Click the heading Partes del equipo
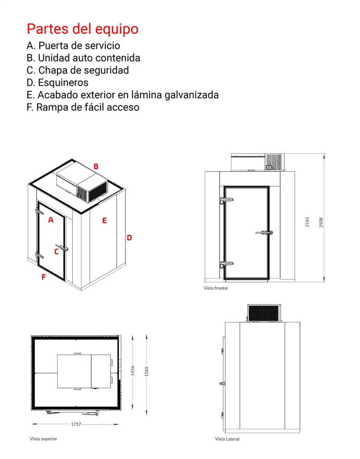tap(82, 29)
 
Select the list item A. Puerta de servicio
tap(73, 45)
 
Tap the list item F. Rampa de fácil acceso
tap(83, 107)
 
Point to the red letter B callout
tap(96, 166)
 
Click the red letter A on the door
tap(51, 220)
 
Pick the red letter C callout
tap(56, 251)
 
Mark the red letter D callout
tap(129, 238)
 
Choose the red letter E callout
tap(104, 221)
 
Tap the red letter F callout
tap(43, 277)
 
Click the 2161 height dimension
tap(307, 222)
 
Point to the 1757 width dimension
tap(76, 424)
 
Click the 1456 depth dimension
tap(133, 371)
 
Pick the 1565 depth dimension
tap(146, 371)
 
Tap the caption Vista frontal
tap(215, 288)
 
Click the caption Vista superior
tap(43, 439)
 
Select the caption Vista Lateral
tap(227, 439)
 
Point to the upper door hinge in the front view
tap(222, 201)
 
